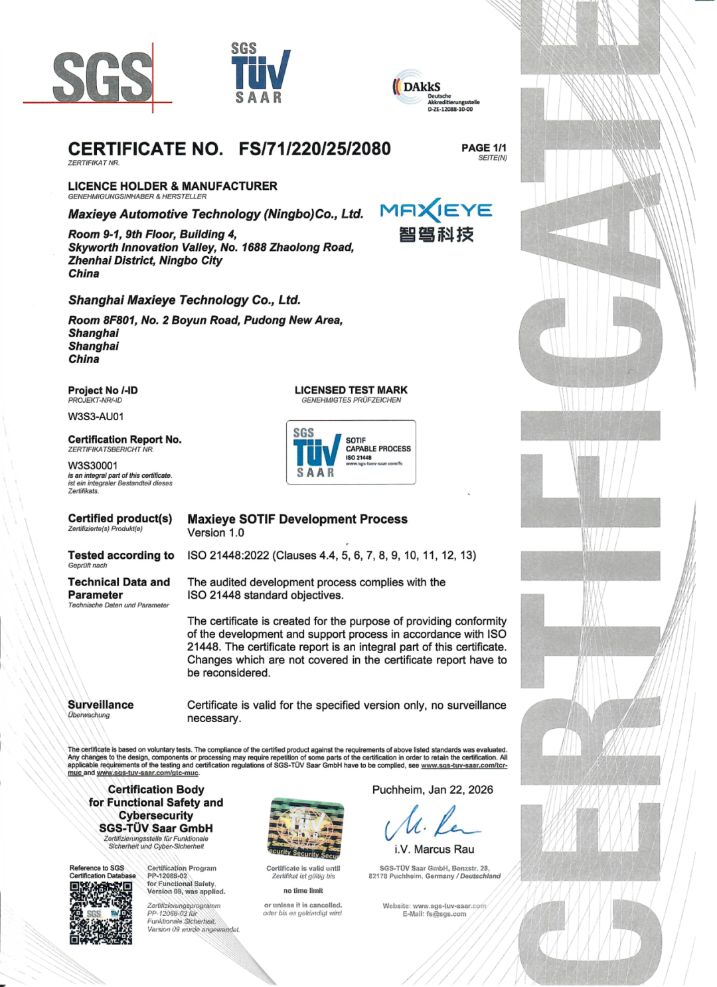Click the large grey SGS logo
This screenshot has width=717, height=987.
click(103, 76)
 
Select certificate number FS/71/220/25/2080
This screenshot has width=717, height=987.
click(315, 149)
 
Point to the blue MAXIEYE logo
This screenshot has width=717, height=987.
click(436, 211)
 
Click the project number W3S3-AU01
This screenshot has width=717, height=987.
click(96, 417)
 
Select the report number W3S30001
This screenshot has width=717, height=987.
click(93, 465)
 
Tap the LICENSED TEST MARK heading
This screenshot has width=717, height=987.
click(351, 390)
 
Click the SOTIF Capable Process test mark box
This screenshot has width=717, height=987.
click(351, 452)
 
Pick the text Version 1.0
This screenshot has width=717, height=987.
click(216, 533)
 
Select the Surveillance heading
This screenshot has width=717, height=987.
click(101, 705)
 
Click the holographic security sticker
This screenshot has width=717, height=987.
click(306, 828)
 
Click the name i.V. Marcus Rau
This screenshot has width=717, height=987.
click(434, 850)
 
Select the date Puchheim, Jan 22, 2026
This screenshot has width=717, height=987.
click(432, 790)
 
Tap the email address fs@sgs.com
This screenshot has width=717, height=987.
click(446, 914)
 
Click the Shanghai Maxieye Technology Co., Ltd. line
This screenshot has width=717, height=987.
click(185, 300)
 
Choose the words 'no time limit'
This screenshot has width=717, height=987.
click(303, 891)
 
